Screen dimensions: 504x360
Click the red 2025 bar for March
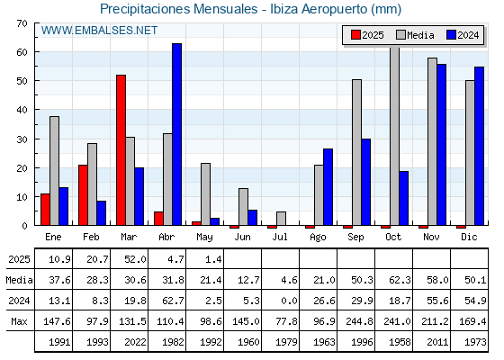(121, 150)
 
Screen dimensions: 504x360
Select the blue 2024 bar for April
(176, 134)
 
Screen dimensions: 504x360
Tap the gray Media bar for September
(356, 152)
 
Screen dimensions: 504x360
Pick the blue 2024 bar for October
(404, 198)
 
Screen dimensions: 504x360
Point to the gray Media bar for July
(281, 219)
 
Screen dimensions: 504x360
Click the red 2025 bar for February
(83, 195)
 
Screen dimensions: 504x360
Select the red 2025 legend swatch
(355, 35)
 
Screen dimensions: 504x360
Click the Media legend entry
(415, 35)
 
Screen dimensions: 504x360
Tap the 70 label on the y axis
(22, 23)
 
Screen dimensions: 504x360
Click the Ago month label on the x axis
(318, 238)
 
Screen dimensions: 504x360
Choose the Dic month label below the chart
(469, 237)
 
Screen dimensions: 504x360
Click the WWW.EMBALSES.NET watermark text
(99, 31)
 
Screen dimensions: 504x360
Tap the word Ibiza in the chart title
(283, 9)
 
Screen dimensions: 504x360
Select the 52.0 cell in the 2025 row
(135, 259)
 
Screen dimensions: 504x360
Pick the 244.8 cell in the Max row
(359, 321)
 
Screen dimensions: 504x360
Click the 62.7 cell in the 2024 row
(173, 301)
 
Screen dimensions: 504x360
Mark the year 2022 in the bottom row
(135, 342)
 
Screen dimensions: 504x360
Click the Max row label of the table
(19, 321)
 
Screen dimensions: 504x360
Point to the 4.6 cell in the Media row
(289, 280)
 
